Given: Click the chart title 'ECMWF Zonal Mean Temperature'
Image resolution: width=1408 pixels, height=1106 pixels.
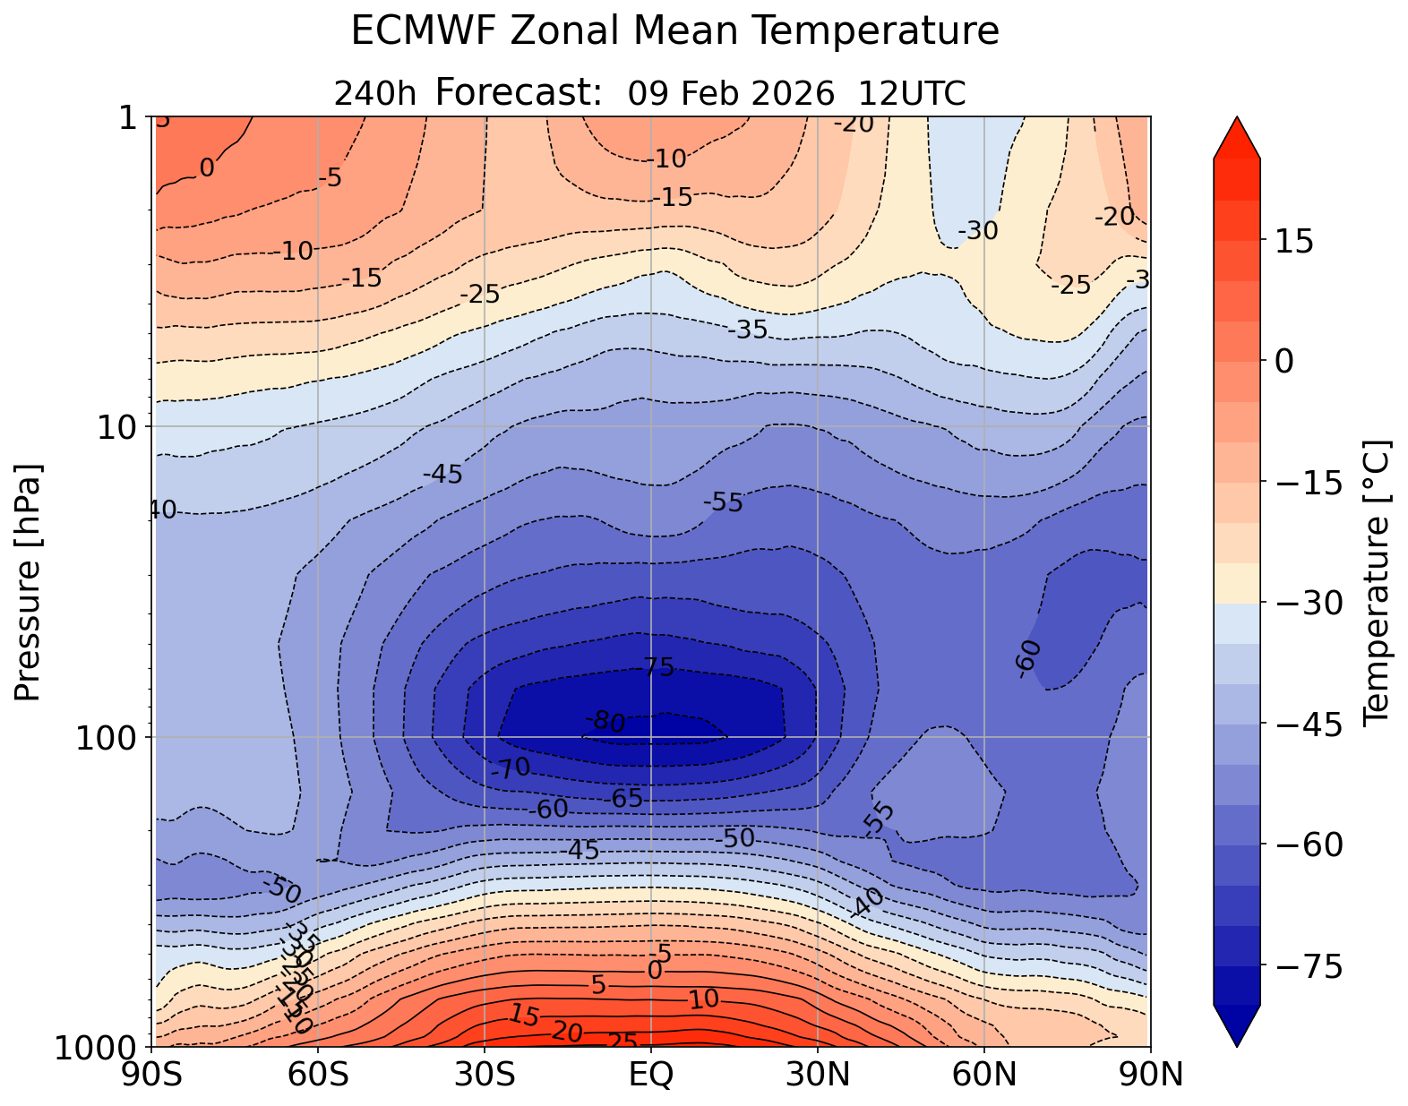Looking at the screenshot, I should [x=674, y=32].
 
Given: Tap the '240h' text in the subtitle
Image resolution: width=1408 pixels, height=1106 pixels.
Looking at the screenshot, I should [x=374, y=93].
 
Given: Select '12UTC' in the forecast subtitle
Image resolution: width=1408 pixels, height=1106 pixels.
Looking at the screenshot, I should [x=912, y=93].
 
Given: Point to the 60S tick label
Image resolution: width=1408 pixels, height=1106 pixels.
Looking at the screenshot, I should [x=319, y=1074].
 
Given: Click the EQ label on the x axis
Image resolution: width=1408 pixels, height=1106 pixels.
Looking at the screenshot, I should [x=651, y=1074].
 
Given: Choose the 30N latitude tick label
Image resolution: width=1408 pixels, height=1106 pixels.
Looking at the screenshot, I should [x=817, y=1074].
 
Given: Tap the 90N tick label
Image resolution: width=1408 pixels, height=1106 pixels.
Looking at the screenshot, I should [x=1150, y=1074].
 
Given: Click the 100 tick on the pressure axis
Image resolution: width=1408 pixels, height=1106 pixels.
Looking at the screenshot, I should [x=102, y=738].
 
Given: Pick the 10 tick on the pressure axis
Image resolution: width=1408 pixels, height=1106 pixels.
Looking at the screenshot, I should [x=118, y=427].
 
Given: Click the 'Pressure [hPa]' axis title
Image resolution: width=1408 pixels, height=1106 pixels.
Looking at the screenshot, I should [x=30, y=582].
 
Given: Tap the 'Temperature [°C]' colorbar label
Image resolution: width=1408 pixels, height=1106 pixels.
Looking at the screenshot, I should [x=1375, y=582].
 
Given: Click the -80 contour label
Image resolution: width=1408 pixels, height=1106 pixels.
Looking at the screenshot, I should [x=605, y=721].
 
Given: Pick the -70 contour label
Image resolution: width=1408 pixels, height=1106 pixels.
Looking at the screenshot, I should [x=511, y=767].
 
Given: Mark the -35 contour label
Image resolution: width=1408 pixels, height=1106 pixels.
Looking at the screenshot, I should [x=748, y=330].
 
